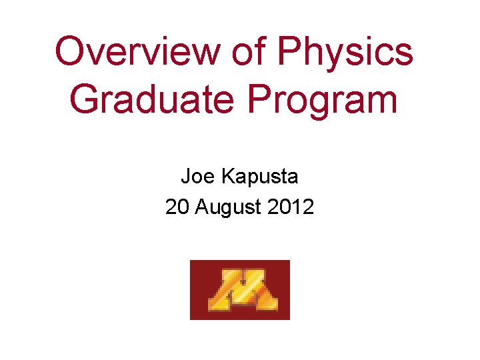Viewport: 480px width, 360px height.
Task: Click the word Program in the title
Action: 323,100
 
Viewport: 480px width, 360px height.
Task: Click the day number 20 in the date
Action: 177,207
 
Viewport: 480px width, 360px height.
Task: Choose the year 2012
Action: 291,207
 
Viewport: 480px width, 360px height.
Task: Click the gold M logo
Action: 240,290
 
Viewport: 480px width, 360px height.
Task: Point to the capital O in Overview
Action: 71,52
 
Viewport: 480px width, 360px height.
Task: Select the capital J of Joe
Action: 185,177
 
